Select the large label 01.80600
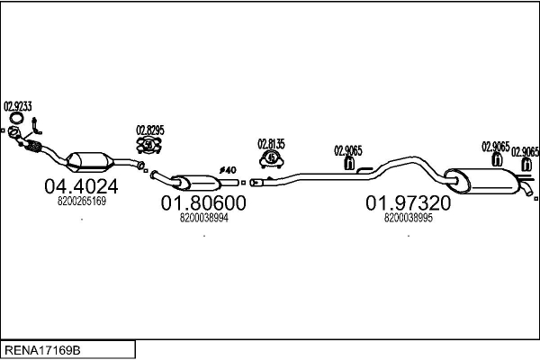[x=203, y=204]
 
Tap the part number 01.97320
[x=408, y=204]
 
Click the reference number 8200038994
[x=203, y=218]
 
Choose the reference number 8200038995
[x=408, y=218]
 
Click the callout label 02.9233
[x=18, y=106]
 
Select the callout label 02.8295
[x=150, y=130]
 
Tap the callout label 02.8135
[x=271, y=143]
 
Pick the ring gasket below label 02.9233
[x=17, y=120]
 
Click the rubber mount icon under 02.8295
[x=150, y=144]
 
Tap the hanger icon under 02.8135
[x=271, y=158]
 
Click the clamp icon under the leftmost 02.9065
[x=349, y=164]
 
